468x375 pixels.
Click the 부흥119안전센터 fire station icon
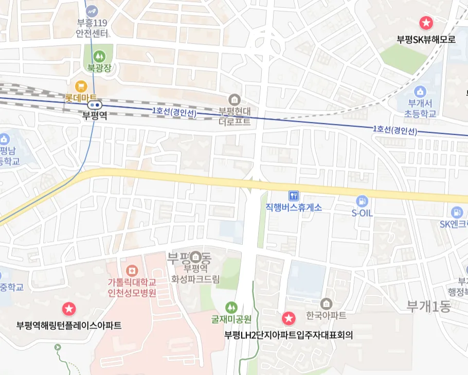coord(92,10)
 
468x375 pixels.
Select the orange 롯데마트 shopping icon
coord(80,85)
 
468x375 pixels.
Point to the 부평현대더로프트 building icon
coord(235,99)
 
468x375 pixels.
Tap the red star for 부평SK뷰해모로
coord(426,23)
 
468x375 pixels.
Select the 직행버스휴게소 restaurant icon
coord(294,195)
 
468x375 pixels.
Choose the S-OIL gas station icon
coord(362,201)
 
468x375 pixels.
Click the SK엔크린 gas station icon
coord(456,211)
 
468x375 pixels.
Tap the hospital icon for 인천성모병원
coord(132,270)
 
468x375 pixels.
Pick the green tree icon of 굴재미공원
coord(231,307)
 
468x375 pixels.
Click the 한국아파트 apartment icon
coord(326,303)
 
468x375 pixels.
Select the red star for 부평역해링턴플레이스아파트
coord(69,309)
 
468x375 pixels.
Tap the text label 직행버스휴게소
coord(294,207)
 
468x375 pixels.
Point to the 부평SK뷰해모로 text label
coord(426,39)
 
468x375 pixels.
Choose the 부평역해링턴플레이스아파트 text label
coord(69,325)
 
